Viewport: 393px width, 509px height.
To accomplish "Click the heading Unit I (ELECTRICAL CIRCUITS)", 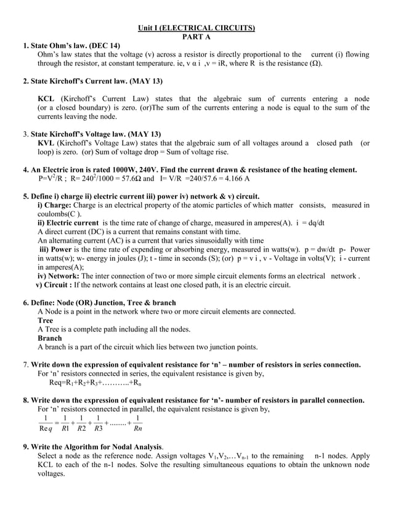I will (196, 28).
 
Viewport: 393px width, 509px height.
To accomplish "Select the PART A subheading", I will (196, 37).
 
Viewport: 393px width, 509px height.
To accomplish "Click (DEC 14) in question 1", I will (105, 46).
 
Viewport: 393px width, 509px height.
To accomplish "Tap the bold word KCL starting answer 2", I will (46, 99).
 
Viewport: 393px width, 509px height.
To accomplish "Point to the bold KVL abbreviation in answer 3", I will (47, 143).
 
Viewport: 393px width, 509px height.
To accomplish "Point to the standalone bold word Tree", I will (45, 320).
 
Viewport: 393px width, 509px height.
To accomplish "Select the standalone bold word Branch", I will (50, 338).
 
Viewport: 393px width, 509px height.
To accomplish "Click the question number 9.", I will (26, 446).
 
